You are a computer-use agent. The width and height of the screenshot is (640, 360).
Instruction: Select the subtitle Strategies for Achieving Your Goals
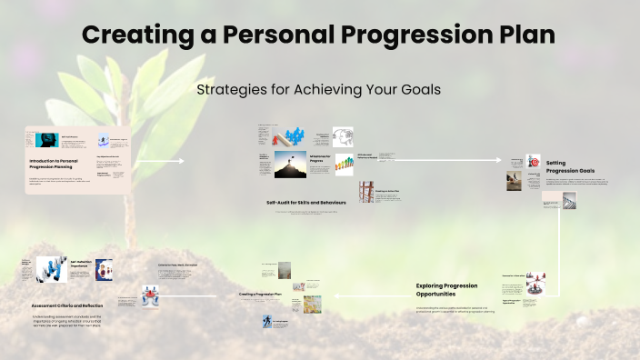pos(319,91)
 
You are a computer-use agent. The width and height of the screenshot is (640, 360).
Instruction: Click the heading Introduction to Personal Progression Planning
pos(58,164)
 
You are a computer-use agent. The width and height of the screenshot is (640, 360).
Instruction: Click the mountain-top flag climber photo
pos(290,165)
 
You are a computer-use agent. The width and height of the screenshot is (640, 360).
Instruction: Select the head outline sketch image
pos(343,136)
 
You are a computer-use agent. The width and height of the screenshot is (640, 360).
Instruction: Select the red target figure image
pos(534,161)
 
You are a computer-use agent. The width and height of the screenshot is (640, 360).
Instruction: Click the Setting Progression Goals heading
pos(570,166)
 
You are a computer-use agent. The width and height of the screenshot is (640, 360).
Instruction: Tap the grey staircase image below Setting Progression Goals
pos(570,200)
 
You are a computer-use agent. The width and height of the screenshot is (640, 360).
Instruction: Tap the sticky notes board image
pos(312,304)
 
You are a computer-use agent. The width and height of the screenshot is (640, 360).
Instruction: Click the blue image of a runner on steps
pos(269,322)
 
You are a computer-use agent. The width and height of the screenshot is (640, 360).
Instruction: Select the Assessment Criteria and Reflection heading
pos(64,305)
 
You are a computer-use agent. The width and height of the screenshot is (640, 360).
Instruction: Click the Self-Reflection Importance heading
pos(83,265)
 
